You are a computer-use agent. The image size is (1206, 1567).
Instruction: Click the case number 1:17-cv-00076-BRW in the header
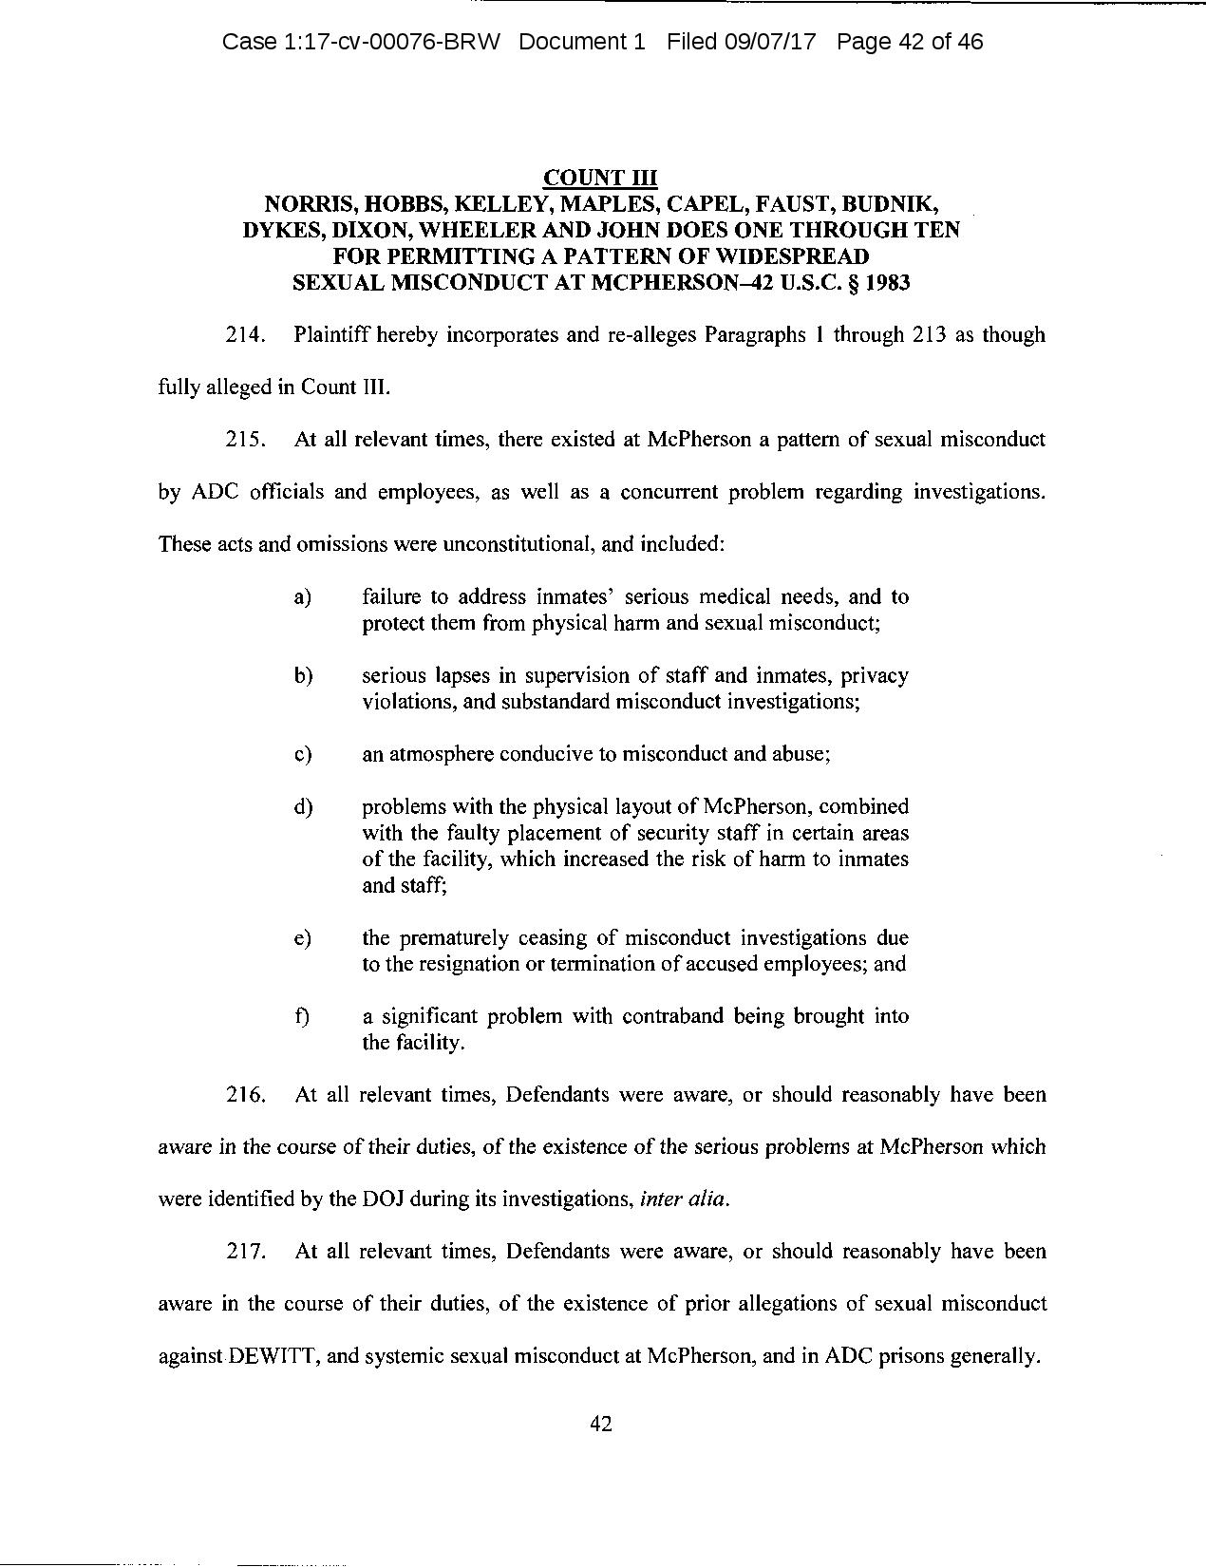360,42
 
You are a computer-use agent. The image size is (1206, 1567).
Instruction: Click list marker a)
303,597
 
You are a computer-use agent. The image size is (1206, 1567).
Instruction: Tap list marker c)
303,754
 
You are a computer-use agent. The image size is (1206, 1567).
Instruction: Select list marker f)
302,1016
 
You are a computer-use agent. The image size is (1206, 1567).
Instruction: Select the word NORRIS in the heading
306,204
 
